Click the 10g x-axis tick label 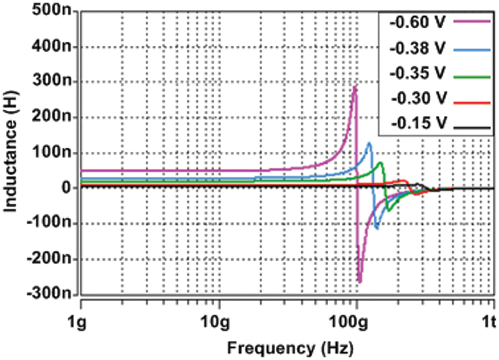point(219,320)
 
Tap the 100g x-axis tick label point(357,320)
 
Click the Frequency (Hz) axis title point(290,347)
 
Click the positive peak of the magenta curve point(355,87)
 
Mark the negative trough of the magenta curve point(360,282)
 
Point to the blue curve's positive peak point(369,143)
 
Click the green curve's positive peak point(380,163)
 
